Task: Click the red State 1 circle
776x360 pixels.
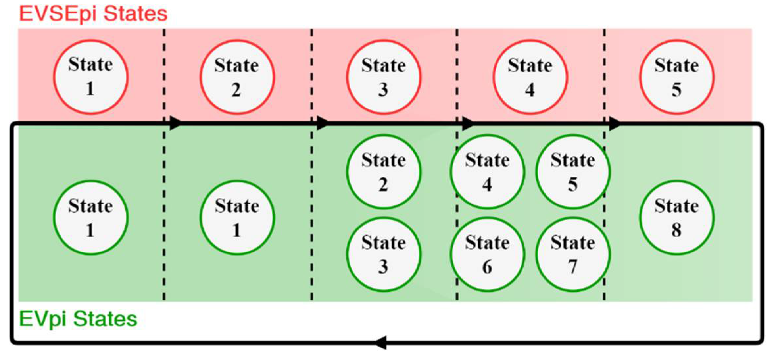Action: pos(90,77)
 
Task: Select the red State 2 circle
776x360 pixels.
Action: pos(237,77)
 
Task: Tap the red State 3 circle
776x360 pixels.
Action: pos(383,77)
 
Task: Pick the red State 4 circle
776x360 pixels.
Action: pos(530,77)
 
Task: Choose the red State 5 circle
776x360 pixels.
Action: pos(676,77)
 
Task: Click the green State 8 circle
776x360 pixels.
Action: pos(676,218)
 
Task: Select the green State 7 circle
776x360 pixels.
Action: pos(573,254)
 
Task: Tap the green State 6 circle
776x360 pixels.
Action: pos(487,254)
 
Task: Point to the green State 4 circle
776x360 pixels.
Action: pos(487,172)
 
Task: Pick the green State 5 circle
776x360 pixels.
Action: pos(573,172)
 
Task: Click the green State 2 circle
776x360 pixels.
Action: pos(383,172)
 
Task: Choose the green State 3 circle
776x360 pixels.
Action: pos(383,254)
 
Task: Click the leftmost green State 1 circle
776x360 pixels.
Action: pos(90,218)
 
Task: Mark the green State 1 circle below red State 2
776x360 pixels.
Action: pos(237,218)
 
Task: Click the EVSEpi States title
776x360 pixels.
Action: pos(93,14)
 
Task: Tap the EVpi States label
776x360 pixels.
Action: pos(78,319)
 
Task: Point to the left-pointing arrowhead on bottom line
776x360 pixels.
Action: pos(381,343)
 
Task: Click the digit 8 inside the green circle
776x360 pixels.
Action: pos(676,229)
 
